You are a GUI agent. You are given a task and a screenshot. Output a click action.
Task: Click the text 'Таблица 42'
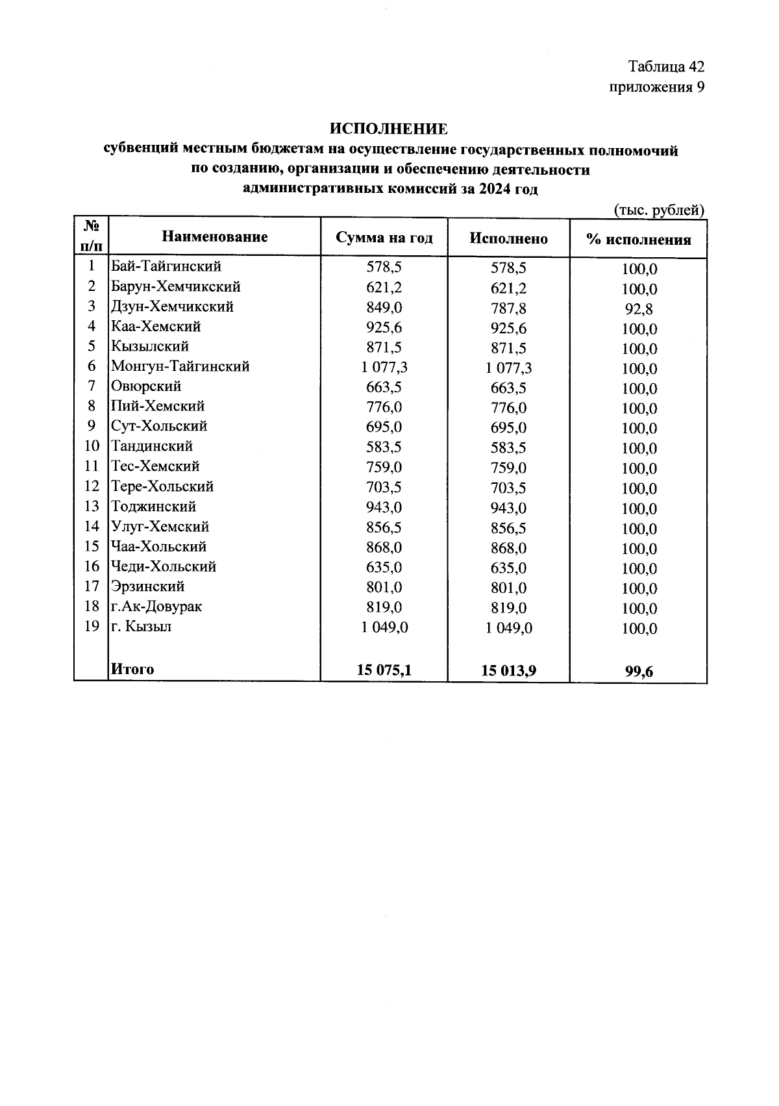click(666, 67)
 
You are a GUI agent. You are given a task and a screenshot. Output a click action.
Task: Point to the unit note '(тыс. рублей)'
click(658, 210)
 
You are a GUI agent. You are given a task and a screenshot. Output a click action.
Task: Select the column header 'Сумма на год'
click(384, 238)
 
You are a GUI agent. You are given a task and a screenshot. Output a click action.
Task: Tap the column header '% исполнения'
click(638, 239)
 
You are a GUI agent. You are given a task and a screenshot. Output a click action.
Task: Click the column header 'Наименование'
click(214, 236)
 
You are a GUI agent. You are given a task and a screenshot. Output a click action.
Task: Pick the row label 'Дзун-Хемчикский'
click(172, 307)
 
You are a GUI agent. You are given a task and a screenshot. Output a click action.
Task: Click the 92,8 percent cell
click(638, 309)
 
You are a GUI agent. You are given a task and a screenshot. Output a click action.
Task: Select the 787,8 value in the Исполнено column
click(508, 308)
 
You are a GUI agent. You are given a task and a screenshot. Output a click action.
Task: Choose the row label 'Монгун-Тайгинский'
click(180, 366)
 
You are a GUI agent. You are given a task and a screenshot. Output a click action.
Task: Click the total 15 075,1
click(384, 670)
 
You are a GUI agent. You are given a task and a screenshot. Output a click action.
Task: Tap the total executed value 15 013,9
click(508, 671)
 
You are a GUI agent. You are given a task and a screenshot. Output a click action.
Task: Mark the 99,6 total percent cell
click(639, 672)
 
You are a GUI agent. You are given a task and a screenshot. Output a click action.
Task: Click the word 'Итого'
click(132, 669)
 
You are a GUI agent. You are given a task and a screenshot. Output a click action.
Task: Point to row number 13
click(92, 507)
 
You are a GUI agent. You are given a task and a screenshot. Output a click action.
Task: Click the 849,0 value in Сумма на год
click(384, 307)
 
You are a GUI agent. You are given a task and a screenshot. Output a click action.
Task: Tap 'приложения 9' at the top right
click(656, 87)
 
